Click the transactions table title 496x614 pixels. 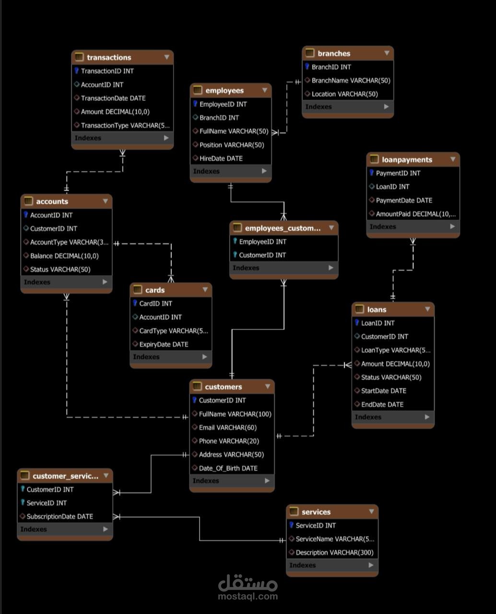(109, 58)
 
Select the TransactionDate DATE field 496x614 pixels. (113, 98)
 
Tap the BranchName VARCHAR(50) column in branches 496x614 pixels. (351, 81)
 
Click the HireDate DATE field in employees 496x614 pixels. (221, 158)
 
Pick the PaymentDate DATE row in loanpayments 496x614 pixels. (404, 201)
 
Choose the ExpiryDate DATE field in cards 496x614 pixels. (164, 344)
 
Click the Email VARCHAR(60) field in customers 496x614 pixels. (228, 427)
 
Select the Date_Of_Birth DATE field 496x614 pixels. (228, 468)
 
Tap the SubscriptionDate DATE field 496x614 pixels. (59, 516)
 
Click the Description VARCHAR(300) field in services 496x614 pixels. (334, 552)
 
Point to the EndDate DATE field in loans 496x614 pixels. (382, 404)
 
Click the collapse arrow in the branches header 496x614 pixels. (387, 53)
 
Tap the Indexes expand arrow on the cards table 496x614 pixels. (205, 357)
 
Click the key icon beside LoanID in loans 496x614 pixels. (357, 322)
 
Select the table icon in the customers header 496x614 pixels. (197, 386)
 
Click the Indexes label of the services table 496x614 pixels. (302, 565)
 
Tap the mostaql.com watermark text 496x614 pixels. (248, 596)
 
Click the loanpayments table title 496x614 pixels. (407, 160)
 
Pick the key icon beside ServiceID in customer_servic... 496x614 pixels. (23, 502)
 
